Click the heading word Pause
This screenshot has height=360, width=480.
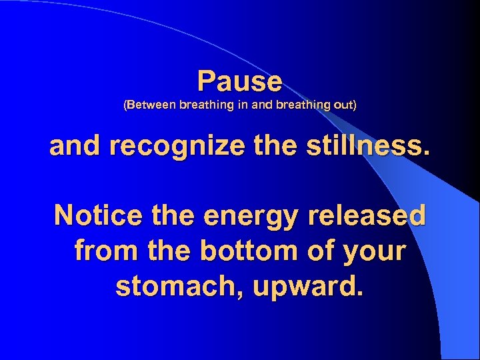240,81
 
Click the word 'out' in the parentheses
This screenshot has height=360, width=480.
345,105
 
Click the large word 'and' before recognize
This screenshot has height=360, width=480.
74,147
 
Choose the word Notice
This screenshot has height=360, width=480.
97,216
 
